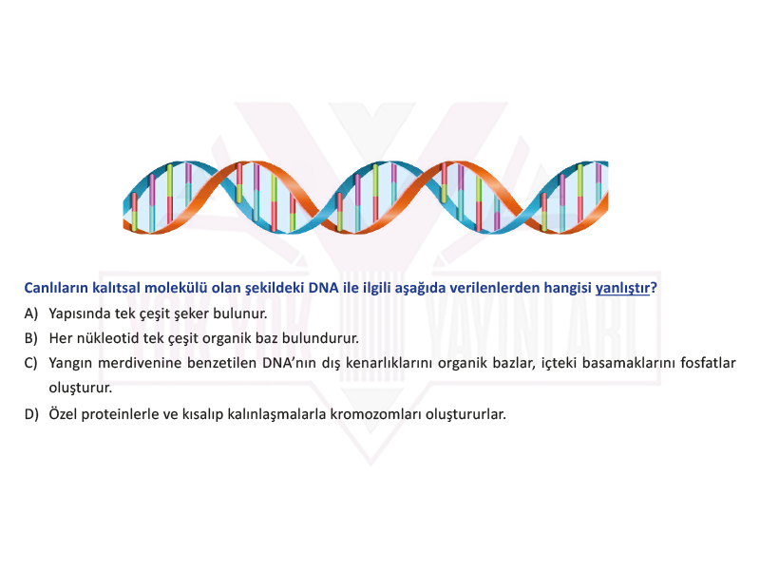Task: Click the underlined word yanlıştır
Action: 622,289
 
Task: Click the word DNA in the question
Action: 323,288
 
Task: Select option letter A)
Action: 31,313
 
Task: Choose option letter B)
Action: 31,338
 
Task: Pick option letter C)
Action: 31,363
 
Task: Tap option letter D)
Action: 31,414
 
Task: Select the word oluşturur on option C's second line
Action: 80,389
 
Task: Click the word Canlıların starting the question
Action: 56,288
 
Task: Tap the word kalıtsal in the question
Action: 116,288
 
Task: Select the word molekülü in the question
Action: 176,288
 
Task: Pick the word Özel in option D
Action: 63,414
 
